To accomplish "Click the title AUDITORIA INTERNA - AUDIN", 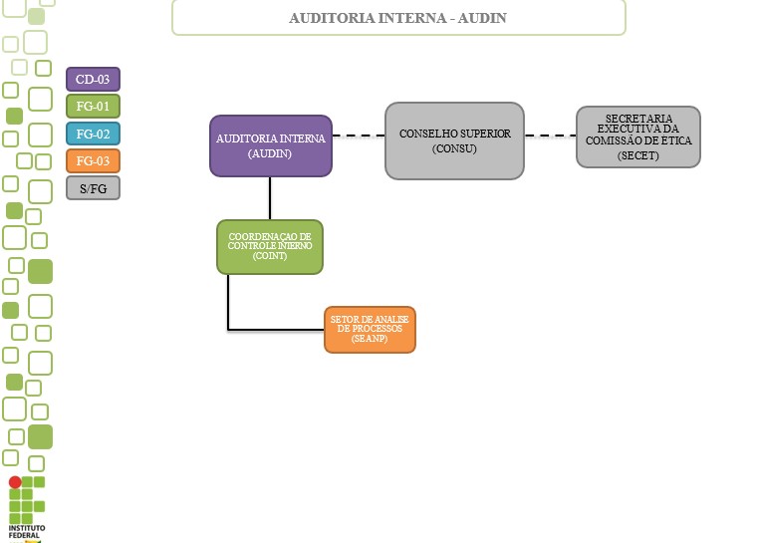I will [x=398, y=18].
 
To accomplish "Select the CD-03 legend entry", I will [x=93, y=80].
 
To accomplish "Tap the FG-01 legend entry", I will [x=93, y=107].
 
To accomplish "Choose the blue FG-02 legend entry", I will [x=93, y=134].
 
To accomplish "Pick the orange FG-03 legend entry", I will [x=93, y=160].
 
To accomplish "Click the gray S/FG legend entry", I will [x=93, y=187].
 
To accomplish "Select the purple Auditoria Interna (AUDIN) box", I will [x=271, y=145].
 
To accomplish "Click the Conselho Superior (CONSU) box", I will [x=454, y=140].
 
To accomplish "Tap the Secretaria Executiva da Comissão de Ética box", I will [x=637, y=136].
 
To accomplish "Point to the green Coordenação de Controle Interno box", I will [x=270, y=246].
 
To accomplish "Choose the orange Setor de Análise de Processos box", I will [x=369, y=329].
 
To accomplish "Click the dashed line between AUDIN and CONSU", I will [x=359, y=135].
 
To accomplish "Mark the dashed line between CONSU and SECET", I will [x=550, y=135].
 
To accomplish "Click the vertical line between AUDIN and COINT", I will [x=270, y=198].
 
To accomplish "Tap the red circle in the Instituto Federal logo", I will [x=15, y=482].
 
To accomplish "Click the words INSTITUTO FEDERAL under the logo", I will [x=26, y=531].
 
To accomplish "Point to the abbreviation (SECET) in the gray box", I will [x=637, y=155].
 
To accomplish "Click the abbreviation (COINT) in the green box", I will [x=270, y=256].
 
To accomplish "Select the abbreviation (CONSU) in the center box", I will [x=454, y=148].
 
